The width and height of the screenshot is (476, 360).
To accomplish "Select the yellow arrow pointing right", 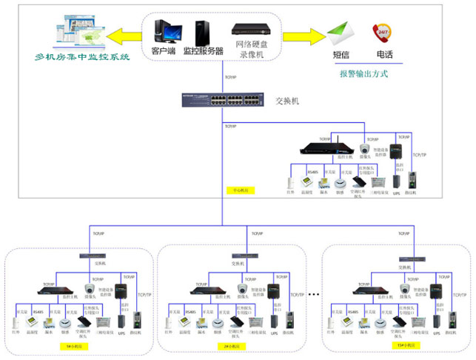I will coord(305,34).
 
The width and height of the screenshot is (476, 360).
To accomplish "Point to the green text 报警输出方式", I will coord(364,73).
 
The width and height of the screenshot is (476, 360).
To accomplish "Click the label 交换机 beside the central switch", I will coord(287,100).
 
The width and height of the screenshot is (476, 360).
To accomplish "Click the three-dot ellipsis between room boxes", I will coord(314,296).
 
